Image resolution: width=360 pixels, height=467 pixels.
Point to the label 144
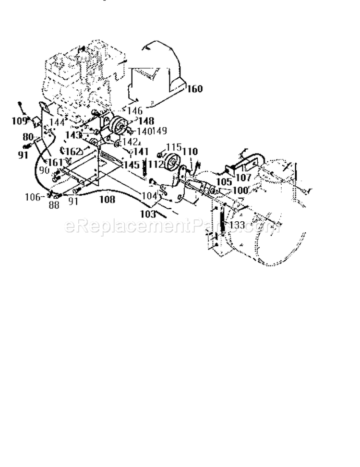pos(57,122)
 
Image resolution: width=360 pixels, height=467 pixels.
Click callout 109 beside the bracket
pos(19,121)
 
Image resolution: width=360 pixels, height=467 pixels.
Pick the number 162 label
pos(73,152)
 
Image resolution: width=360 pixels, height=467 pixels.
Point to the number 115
pos(174,146)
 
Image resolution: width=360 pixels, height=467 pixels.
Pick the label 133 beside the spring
pos(237,225)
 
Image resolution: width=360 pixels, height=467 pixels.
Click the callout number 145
pos(131,165)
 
